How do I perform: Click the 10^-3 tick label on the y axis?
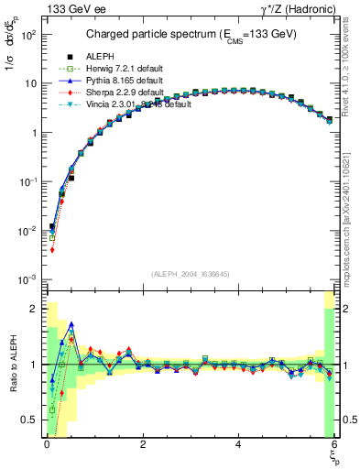point(27,278)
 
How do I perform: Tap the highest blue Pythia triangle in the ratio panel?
point(71,324)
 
